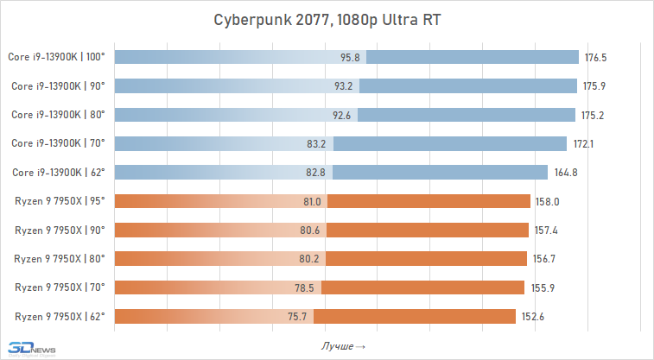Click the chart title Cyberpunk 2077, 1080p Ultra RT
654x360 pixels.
(x=327, y=21)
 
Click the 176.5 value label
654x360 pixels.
(x=597, y=58)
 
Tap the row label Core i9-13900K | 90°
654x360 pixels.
(x=58, y=86)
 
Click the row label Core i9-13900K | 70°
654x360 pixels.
(x=58, y=143)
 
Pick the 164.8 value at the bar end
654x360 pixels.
(x=566, y=173)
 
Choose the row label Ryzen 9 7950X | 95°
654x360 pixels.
(x=60, y=201)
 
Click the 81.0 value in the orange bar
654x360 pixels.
(x=313, y=201)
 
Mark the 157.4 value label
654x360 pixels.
(x=547, y=230)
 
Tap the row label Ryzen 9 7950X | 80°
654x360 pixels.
(x=60, y=258)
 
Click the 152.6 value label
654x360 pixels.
(x=534, y=316)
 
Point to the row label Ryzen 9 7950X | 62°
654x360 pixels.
(x=60, y=316)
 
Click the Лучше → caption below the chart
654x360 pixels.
(x=343, y=346)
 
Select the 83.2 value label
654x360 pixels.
(x=317, y=143)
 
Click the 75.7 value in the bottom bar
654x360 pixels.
(x=299, y=316)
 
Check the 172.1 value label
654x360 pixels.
(x=585, y=143)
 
